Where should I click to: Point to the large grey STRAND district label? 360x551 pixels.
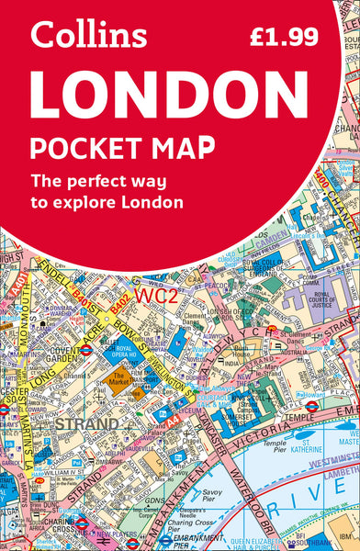coord(86,424)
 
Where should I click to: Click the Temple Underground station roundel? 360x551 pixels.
coord(311,403)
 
